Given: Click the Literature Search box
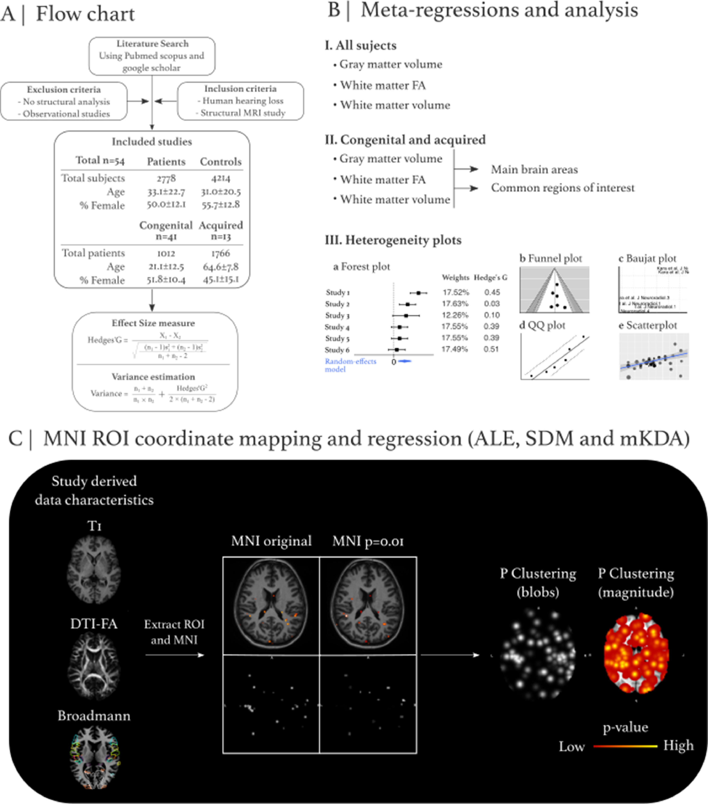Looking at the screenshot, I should pyautogui.click(x=152, y=56).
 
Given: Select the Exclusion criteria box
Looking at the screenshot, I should pyautogui.click(x=64, y=101).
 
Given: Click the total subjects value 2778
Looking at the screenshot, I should pyautogui.click(x=166, y=178).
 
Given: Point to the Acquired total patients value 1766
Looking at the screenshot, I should pyautogui.click(x=220, y=253).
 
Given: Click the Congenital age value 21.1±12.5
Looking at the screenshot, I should pyautogui.click(x=166, y=267).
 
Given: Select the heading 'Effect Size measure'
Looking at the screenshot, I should pyautogui.click(x=153, y=323).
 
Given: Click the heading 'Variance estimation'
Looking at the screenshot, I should pyautogui.click(x=153, y=377).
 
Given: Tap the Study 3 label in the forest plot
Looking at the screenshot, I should pyautogui.click(x=337, y=316).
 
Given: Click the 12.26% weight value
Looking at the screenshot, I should pyautogui.click(x=455, y=315).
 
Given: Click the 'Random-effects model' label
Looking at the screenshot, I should pyautogui.click(x=350, y=365).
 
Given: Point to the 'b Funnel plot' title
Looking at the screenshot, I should pyautogui.click(x=550, y=258).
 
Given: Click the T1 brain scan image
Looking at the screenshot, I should pyautogui.click(x=94, y=570).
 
